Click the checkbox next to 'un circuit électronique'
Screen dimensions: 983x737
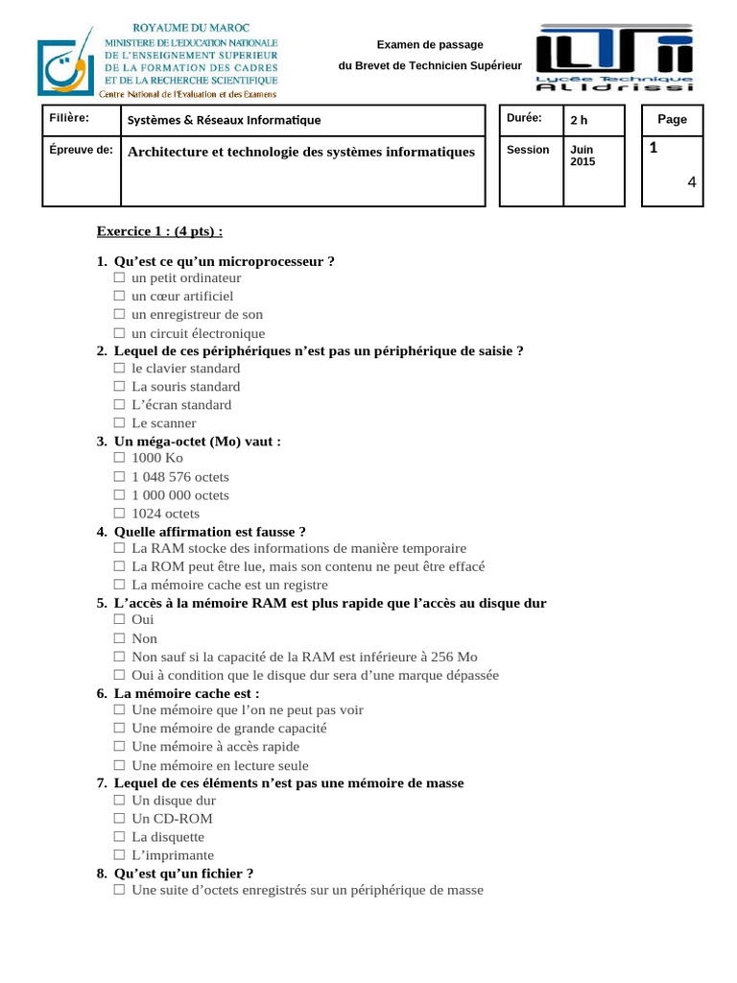point(119,333)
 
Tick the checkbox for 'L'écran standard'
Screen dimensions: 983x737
point(119,404)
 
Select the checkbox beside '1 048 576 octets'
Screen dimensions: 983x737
point(119,476)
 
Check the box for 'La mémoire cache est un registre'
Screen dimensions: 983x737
point(119,584)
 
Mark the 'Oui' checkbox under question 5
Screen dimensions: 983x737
point(119,619)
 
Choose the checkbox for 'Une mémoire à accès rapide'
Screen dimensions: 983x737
point(119,746)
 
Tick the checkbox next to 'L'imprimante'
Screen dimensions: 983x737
point(119,854)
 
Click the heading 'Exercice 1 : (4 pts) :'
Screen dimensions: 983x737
point(159,231)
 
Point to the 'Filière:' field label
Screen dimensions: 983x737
point(69,118)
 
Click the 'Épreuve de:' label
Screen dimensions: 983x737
point(81,150)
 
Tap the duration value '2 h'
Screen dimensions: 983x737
point(579,120)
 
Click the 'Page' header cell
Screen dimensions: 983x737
point(672,119)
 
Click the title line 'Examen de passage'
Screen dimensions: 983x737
point(429,45)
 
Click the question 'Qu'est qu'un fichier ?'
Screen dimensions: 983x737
point(183,873)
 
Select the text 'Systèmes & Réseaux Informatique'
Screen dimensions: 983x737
point(225,120)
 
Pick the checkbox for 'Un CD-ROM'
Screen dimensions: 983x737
point(119,818)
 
